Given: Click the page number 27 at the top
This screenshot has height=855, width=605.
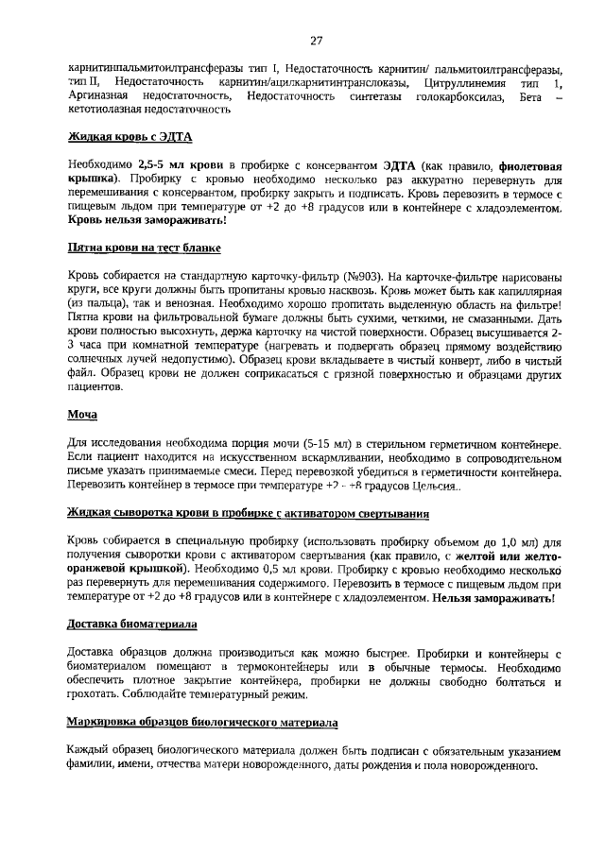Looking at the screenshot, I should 316,41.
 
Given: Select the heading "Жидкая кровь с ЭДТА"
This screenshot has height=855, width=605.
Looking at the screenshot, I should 130,136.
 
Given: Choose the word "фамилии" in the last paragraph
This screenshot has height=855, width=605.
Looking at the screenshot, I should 93,765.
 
